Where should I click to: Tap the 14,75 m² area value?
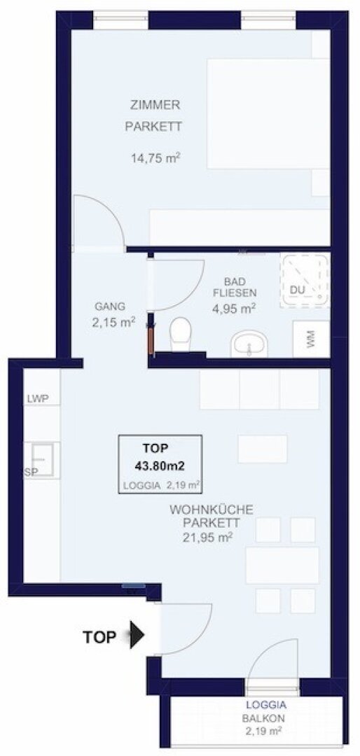point(155,157)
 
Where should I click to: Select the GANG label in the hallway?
point(110,306)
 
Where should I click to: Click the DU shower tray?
point(304,281)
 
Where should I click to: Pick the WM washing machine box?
point(311,339)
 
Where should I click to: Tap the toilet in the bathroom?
point(181,334)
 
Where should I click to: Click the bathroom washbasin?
point(249,344)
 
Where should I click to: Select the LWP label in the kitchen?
point(42,399)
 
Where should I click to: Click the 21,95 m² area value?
point(209,536)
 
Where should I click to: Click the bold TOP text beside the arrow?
point(99,637)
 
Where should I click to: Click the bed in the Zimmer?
point(268,113)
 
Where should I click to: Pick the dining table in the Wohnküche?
point(282,565)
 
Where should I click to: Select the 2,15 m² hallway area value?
point(113,322)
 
